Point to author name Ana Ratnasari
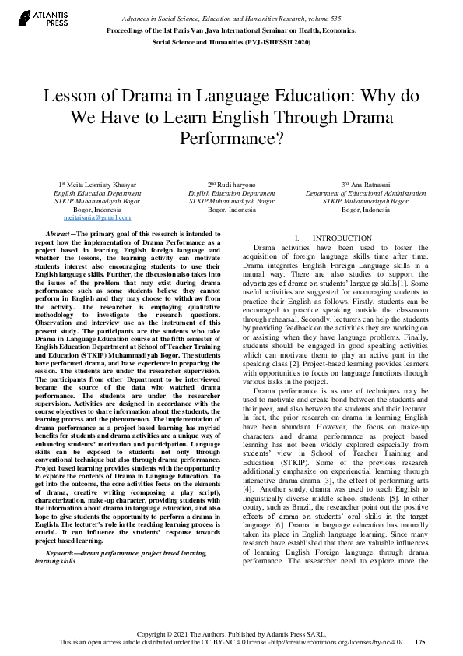(x=369, y=184)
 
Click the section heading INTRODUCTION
(x=337, y=238)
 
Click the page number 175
(x=420, y=642)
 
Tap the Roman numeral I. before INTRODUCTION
(x=297, y=238)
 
